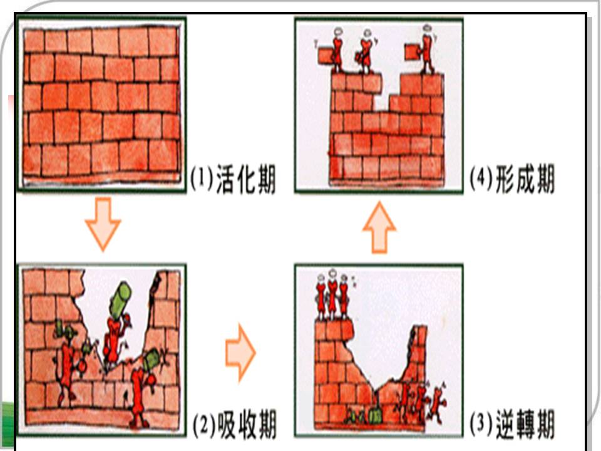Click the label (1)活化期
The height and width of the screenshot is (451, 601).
click(233, 179)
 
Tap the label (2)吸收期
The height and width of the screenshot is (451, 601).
click(234, 425)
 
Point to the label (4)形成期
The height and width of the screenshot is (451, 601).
click(513, 179)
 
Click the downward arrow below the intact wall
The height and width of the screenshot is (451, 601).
click(103, 224)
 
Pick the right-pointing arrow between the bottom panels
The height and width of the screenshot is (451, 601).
click(240, 352)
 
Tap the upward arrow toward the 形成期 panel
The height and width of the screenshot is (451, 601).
click(379, 227)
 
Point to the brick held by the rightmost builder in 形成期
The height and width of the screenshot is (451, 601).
click(413, 52)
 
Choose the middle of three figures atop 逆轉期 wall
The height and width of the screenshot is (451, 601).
click(332, 294)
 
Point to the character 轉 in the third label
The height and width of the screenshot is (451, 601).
click(523, 424)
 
